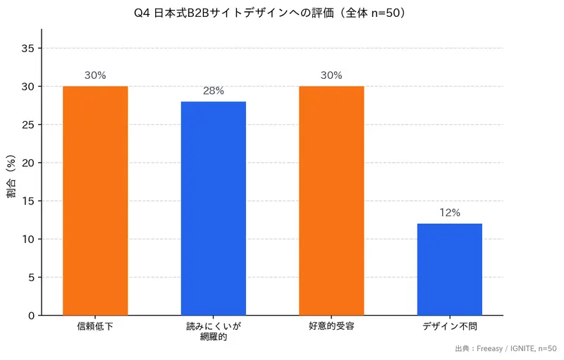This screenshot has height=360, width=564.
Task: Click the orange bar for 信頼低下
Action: [95, 201]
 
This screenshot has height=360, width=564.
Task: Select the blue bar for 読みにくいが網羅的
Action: [214, 209]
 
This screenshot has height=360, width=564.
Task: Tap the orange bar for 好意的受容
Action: [331, 201]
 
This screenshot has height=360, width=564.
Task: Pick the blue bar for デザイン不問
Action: [450, 269]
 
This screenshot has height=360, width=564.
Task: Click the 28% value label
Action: [214, 91]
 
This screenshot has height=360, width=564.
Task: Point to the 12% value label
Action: [450, 213]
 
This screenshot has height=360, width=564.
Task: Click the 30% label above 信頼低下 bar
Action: [95, 75]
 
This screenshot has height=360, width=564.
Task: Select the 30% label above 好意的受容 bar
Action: [331, 75]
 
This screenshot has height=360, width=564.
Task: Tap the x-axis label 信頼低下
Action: [95, 327]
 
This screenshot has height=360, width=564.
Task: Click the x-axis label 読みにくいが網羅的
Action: [214, 332]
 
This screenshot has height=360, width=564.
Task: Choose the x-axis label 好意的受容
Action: [331, 327]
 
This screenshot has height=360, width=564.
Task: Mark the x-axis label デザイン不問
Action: [450, 327]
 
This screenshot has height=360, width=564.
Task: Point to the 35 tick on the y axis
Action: [29, 49]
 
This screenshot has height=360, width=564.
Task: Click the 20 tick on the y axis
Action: [29, 163]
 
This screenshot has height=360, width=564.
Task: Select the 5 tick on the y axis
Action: [31, 278]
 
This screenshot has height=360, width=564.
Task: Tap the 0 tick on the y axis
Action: [31, 316]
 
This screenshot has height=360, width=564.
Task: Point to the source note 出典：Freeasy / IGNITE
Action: [505, 348]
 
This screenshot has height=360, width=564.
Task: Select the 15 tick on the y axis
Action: [29, 201]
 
